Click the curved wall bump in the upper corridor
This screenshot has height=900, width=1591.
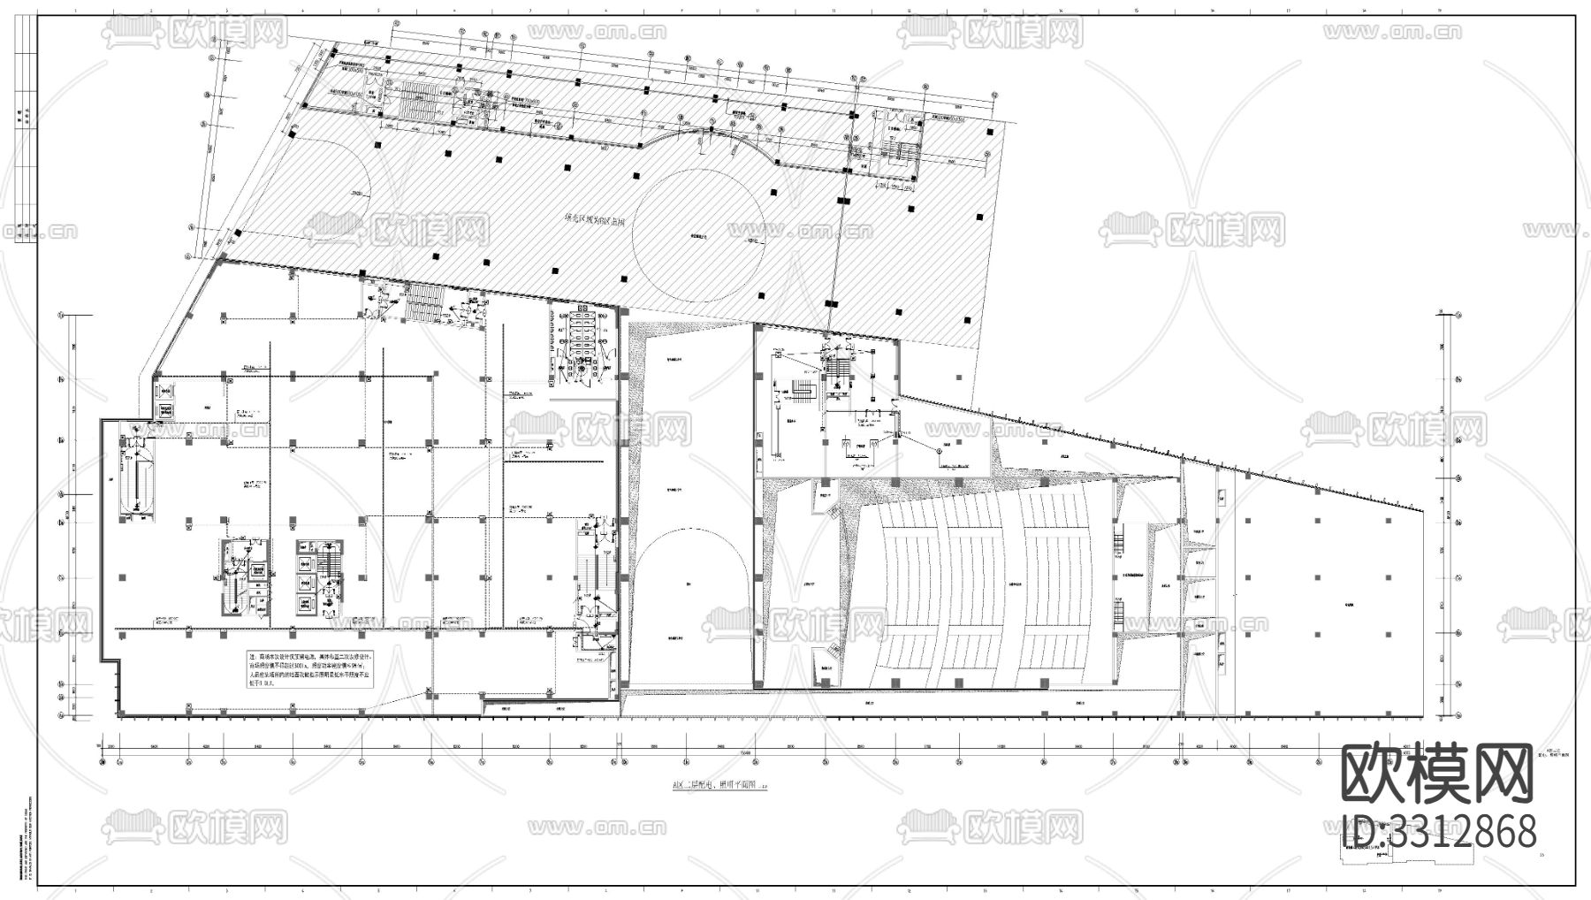click(x=712, y=133)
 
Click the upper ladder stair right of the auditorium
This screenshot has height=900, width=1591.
click(x=1118, y=536)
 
